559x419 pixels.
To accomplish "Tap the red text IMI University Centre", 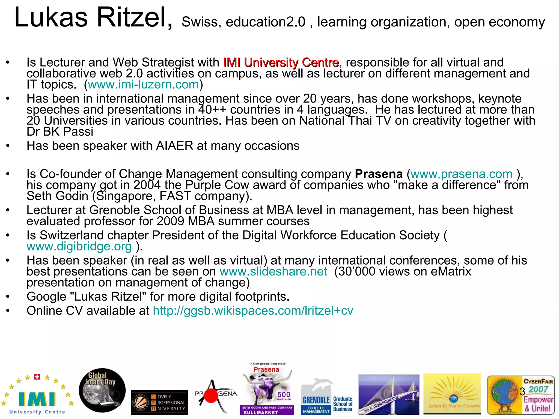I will pos(281,63).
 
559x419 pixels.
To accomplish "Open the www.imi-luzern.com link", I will pos(143,85).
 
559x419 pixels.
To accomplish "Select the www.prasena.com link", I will pos(461,174).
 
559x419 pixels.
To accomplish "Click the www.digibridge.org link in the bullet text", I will pos(79,247).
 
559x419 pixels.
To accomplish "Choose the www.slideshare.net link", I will pos(273,272).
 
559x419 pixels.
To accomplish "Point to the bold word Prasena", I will pos(379,174).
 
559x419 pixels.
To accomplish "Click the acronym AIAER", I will pos(174,146).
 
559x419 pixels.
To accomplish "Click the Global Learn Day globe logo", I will pos(102,390).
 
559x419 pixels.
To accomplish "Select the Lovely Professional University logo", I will pos(159,402).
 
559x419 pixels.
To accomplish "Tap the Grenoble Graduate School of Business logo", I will pos(327,397).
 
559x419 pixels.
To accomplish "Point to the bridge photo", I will pos(389,394).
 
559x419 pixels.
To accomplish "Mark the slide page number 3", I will pos(522,391).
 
